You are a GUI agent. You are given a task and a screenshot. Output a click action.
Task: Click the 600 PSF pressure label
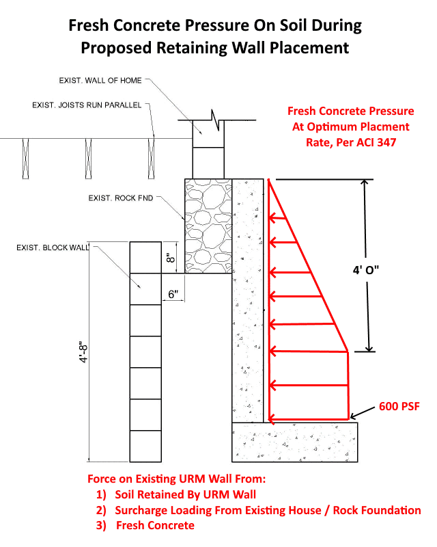coord(399,407)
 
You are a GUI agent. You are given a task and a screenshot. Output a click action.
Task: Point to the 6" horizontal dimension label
coord(173,294)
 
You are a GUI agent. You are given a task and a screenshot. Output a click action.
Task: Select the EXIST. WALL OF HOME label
coord(100,81)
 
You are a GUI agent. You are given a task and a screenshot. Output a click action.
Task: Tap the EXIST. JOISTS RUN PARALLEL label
coord(87,105)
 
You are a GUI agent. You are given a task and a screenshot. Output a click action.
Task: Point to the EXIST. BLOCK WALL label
coord(53,247)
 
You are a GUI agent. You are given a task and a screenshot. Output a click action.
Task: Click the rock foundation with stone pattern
coord(208,226)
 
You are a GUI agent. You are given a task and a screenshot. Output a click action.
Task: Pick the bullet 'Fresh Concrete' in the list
coord(155,525)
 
